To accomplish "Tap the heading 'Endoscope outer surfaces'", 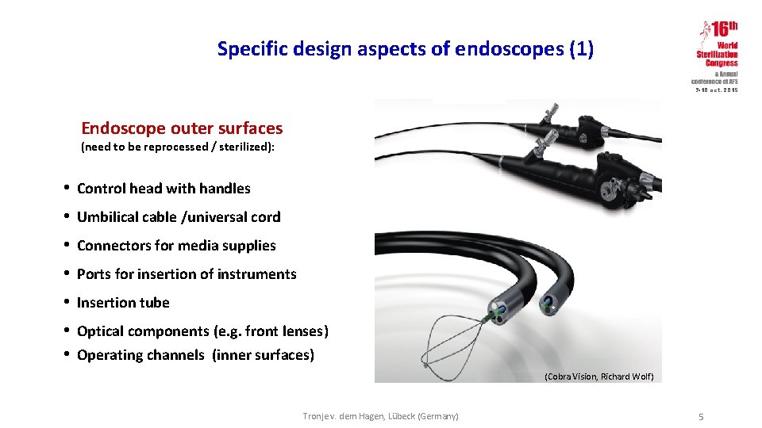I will point(182,128).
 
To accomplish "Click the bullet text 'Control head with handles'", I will point(164,189).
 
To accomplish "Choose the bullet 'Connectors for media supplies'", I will point(176,246).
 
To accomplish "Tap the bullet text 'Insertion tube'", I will point(123,303).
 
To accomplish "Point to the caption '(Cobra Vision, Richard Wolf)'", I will point(599,376).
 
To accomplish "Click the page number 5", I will point(701,417).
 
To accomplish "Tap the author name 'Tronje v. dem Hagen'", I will point(342,416).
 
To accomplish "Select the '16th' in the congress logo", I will point(724,30).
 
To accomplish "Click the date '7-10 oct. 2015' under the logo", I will point(717,90).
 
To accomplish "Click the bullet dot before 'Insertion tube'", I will point(69,302).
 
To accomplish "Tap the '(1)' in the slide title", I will point(581,49).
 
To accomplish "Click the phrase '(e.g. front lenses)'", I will point(271,331).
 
